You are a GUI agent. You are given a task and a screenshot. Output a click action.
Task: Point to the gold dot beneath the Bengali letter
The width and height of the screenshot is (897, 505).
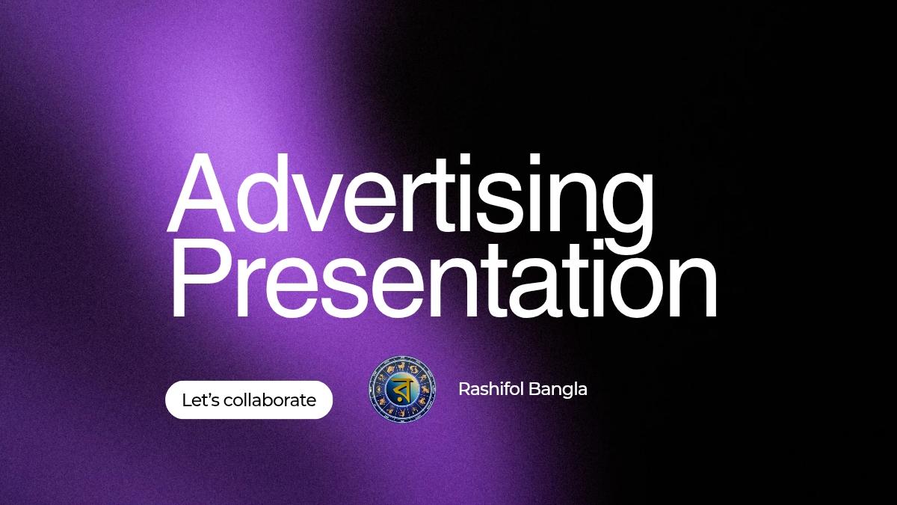(404, 403)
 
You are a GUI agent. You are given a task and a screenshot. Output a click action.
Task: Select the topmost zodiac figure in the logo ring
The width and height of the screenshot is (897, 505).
(402, 365)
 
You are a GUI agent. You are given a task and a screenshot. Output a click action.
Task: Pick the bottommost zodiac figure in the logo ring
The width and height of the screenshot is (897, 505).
(402, 414)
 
